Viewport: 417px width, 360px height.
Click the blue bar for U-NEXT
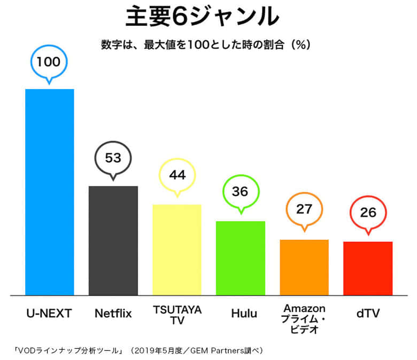coord(50,192)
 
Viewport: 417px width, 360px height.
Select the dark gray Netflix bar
coord(113,240)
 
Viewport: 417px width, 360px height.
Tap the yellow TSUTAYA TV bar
coord(176,249)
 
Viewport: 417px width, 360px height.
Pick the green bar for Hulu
coord(240,258)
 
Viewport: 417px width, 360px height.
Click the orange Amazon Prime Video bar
coord(304,267)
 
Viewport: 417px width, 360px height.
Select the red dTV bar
coord(368,268)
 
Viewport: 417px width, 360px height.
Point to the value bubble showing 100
coord(49,61)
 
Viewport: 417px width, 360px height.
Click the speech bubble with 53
coord(113,158)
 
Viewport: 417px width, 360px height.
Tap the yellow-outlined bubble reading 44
coord(176,176)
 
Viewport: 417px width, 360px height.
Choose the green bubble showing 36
coord(240,191)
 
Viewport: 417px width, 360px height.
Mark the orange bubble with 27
coord(304,209)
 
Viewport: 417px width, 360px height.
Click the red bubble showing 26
coord(368,213)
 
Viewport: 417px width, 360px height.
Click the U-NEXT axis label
coord(49,314)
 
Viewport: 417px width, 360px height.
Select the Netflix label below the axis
coord(113,314)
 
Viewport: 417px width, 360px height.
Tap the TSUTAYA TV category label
coord(177,315)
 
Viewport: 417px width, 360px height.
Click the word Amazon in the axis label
coord(304,308)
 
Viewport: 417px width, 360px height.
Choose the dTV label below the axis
coord(368,314)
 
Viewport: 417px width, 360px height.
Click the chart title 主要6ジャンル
coord(202,18)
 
